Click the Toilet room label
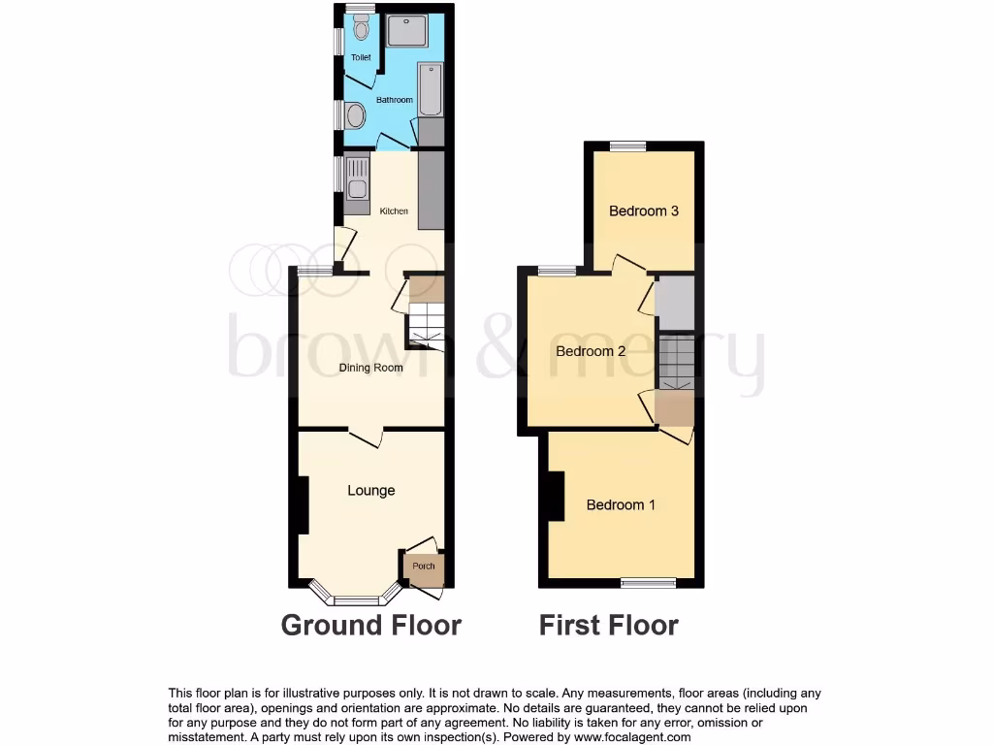click(x=361, y=58)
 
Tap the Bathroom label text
click(x=395, y=100)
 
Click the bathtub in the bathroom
click(x=431, y=90)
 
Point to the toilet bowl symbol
click(x=362, y=30)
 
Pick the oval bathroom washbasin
click(x=355, y=115)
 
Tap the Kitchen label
click(x=394, y=211)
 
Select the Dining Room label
click(x=370, y=368)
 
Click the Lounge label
click(x=371, y=491)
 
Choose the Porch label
click(x=424, y=567)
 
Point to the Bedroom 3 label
click(x=644, y=211)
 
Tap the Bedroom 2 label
click(x=591, y=351)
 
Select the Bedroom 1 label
click(x=622, y=504)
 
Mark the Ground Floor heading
click(x=371, y=625)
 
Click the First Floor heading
click(x=609, y=625)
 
